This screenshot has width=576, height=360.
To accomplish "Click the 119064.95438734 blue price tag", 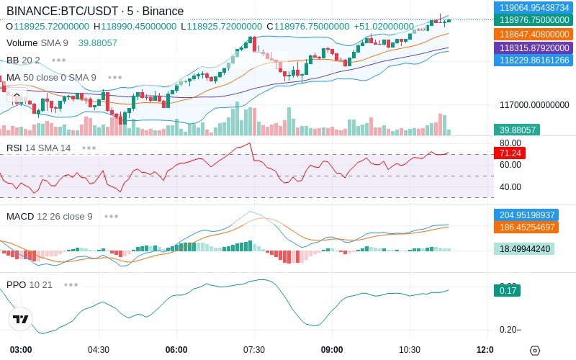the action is [534, 7].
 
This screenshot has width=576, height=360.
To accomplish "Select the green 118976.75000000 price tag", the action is [534, 20].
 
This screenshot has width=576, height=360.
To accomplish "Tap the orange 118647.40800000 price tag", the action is [534, 35].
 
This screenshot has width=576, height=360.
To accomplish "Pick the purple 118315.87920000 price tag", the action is [534, 48].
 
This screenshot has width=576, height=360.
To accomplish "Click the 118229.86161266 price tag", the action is [534, 60].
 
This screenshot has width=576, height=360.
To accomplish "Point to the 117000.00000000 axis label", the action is [534, 105].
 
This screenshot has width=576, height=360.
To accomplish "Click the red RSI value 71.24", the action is [510, 153].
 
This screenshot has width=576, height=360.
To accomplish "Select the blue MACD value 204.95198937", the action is [526, 215].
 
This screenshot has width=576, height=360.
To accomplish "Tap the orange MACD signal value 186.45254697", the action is [526, 228].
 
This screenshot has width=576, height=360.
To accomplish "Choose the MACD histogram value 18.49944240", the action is [524, 249].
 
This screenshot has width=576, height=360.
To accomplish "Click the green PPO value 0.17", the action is [508, 291].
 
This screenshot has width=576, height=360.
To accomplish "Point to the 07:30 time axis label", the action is [254, 350].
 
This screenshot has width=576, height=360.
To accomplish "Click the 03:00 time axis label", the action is [21, 350].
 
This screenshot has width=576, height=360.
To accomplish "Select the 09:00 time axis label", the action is [332, 350].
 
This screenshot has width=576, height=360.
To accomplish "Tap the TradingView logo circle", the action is [21, 319].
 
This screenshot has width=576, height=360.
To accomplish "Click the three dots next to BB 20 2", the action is [59, 60].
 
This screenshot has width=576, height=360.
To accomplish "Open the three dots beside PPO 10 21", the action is [71, 285].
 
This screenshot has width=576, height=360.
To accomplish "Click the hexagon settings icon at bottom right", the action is [535, 351].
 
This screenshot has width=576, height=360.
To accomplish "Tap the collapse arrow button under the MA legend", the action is [17, 96].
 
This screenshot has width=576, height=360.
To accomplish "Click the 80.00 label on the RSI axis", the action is [510, 143].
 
